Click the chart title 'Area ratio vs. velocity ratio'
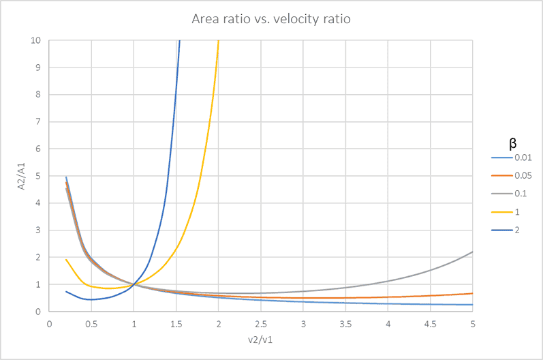pos(271,19)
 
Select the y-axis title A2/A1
pos(18,176)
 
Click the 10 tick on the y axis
pos(36,41)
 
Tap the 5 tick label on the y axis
pos(39,176)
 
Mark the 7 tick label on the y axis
pos(39,122)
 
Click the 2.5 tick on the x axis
pos(261,322)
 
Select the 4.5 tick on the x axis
pos(431,322)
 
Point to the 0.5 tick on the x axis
pos(91,322)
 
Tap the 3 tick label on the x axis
pos(303,322)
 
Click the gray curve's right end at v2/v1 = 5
pos(472,252)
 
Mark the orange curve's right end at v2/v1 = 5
pos(472,294)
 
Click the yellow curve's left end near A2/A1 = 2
pos(66,260)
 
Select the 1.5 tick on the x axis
pos(176,322)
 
